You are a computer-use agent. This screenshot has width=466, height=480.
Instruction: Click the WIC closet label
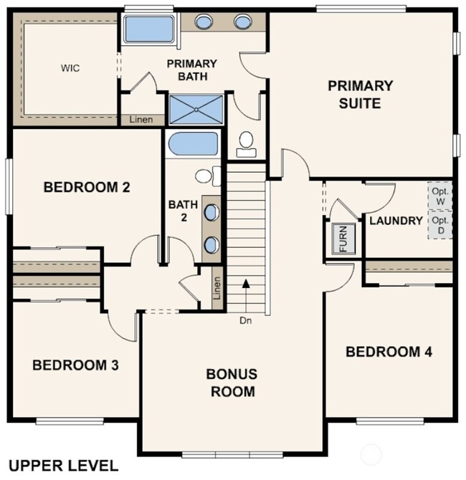[70, 68]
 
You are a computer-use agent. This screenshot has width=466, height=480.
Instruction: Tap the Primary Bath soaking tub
[148, 29]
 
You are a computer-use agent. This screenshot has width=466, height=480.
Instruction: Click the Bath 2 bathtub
[192, 145]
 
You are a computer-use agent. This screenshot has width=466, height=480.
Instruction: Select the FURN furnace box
[343, 240]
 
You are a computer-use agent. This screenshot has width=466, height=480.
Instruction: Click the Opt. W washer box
[439, 196]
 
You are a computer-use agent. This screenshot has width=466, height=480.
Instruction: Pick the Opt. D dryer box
[439, 226]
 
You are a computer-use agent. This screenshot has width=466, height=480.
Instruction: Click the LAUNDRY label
[396, 221]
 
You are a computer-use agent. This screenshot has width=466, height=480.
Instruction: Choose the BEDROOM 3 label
[75, 365]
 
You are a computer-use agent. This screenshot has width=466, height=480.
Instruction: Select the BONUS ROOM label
[231, 383]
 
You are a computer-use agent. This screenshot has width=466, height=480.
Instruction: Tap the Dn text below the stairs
[246, 320]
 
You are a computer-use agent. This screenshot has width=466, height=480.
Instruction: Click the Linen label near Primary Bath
[141, 120]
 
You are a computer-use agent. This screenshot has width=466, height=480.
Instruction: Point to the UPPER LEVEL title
[64, 466]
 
